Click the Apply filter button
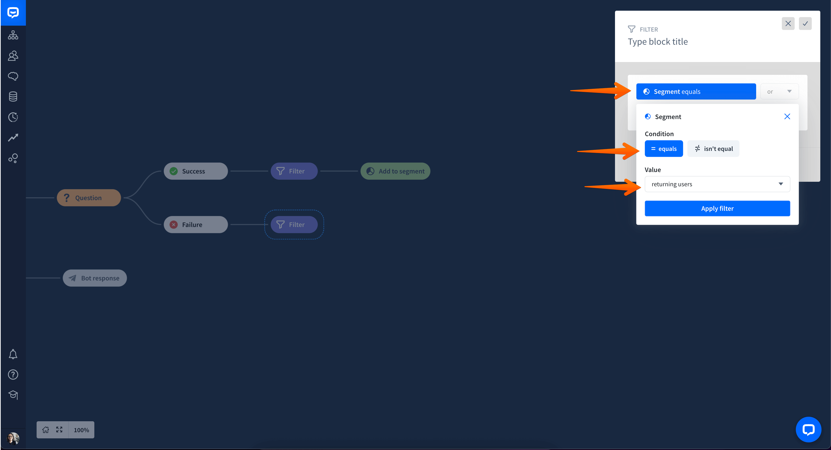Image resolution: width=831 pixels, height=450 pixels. [x=717, y=208]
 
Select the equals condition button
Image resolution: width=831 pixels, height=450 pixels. [x=663, y=149]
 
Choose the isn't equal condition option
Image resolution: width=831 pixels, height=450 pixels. [x=713, y=149]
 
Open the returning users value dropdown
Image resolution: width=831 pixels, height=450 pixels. [x=717, y=184]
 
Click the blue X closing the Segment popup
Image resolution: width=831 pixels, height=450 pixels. [x=787, y=116]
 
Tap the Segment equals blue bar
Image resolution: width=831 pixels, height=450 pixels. [x=696, y=92]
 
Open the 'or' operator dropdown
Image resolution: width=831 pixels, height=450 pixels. [x=779, y=92]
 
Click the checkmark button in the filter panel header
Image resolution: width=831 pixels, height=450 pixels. [x=805, y=24]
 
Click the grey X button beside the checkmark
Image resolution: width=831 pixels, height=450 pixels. [x=788, y=24]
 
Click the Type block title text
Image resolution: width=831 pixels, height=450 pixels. [x=658, y=42]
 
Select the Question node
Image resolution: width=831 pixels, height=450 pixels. [x=89, y=198]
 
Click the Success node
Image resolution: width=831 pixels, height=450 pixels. [x=196, y=171]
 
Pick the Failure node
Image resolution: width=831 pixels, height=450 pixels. [x=196, y=225]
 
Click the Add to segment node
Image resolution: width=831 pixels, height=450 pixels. [x=395, y=171]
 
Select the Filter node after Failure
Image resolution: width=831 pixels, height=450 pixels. [x=294, y=225]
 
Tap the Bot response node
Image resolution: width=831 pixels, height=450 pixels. [x=95, y=278]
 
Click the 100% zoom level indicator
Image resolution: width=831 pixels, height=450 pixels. [x=81, y=430]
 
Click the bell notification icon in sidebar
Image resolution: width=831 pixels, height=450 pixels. [x=13, y=354]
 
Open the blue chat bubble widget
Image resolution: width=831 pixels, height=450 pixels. [x=808, y=430]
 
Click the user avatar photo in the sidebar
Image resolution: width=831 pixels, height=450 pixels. [x=13, y=438]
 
